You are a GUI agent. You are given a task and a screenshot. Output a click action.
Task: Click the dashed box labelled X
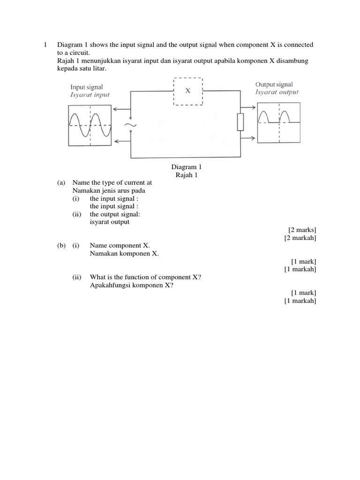[188, 91]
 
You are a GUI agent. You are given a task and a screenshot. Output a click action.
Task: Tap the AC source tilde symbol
[130, 125]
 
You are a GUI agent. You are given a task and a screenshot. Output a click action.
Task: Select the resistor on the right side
[240, 122]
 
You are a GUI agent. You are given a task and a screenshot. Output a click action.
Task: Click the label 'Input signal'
[87, 87]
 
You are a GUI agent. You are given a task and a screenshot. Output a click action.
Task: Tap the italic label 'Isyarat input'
[90, 95]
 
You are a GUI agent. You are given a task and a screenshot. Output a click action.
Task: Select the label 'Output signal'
[274, 84]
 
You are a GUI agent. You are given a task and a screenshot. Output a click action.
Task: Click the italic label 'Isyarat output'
[277, 92]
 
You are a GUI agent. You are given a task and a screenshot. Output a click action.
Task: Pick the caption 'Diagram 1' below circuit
[186, 167]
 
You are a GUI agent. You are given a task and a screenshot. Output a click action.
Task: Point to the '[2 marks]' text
[302, 230]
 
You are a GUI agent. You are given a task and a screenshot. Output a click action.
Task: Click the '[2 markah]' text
[300, 238]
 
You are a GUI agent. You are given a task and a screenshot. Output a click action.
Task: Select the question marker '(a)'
[61, 183]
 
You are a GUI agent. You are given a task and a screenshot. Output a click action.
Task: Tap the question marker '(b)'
[61, 246]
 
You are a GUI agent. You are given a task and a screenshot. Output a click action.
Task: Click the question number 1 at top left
[45, 45]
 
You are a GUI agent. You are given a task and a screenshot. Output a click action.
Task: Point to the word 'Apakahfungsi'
[109, 285]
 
